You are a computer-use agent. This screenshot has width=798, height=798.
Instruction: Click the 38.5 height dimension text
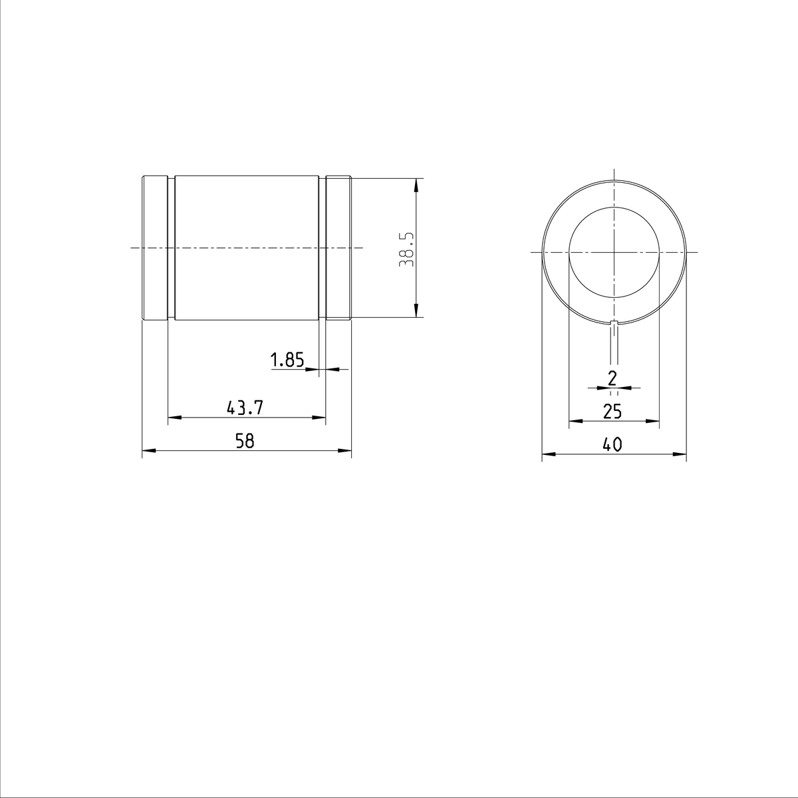point(406,249)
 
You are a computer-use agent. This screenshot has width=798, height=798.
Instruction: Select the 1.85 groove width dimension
point(287,360)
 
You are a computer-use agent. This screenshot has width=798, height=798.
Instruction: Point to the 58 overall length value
point(245,441)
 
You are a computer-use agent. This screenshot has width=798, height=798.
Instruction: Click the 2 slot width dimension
point(613,378)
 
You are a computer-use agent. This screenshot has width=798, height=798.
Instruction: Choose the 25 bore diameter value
point(612,412)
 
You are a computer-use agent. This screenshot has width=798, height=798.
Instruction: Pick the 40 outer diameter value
point(612,445)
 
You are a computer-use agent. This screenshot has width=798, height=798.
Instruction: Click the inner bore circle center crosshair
point(614,252)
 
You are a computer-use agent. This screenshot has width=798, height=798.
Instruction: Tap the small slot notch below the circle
point(614,324)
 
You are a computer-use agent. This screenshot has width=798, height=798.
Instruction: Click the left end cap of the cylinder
point(154,249)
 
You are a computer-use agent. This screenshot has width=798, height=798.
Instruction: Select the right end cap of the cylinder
point(338,249)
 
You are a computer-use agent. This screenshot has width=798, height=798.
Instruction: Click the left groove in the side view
point(171,249)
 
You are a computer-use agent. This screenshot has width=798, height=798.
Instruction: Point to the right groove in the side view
point(322,249)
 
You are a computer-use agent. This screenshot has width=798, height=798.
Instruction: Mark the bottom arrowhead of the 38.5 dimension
point(416,313)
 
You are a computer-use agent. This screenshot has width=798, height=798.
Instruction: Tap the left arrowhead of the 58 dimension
point(148,451)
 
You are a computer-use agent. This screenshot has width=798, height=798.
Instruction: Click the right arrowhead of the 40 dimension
point(680,455)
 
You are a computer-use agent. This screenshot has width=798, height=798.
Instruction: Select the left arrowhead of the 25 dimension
point(575,421)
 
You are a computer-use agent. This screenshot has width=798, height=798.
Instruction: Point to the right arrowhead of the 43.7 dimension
point(320,418)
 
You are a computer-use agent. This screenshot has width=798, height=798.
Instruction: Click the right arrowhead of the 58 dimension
point(345,451)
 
